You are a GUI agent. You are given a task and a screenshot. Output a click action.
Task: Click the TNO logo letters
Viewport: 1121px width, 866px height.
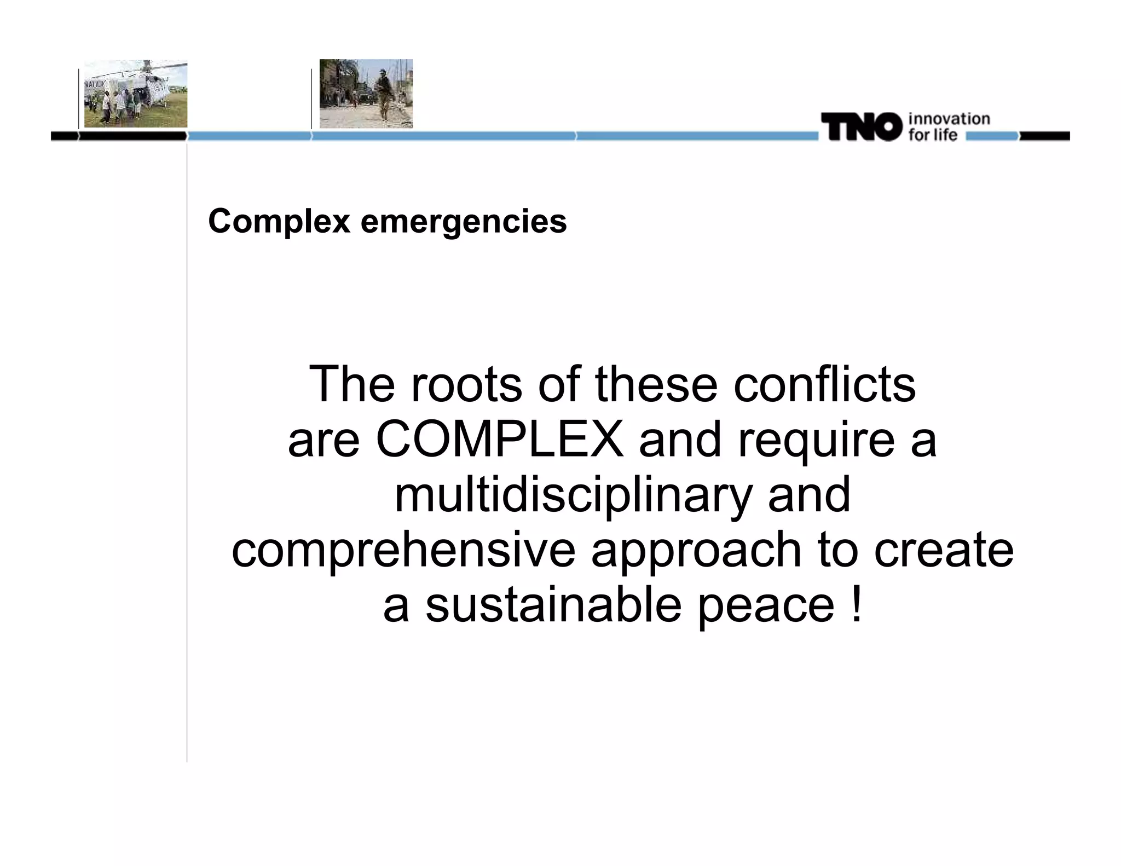click(860, 127)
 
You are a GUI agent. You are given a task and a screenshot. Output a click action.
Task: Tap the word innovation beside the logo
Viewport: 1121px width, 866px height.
click(949, 119)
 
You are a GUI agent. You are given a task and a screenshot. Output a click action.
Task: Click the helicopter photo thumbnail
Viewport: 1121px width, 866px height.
click(136, 94)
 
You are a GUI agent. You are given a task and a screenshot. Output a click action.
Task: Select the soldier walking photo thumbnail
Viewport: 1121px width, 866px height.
click(366, 94)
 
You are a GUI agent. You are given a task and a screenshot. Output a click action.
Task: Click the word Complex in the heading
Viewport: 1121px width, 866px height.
click(279, 221)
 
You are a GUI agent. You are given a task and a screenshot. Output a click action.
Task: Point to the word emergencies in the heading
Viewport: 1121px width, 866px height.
click(464, 222)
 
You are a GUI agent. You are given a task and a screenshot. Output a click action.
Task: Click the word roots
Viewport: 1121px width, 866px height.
click(466, 384)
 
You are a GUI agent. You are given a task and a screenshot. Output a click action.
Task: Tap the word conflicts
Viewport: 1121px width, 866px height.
click(824, 384)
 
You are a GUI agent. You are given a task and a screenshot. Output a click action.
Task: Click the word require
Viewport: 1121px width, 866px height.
click(816, 441)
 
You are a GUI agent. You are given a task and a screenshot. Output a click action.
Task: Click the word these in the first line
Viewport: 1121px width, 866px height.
click(656, 384)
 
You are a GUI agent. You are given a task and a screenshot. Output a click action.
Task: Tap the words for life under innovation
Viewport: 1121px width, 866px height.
click(933, 135)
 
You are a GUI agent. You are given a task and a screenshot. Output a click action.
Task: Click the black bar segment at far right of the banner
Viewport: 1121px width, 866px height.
click(1044, 136)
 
